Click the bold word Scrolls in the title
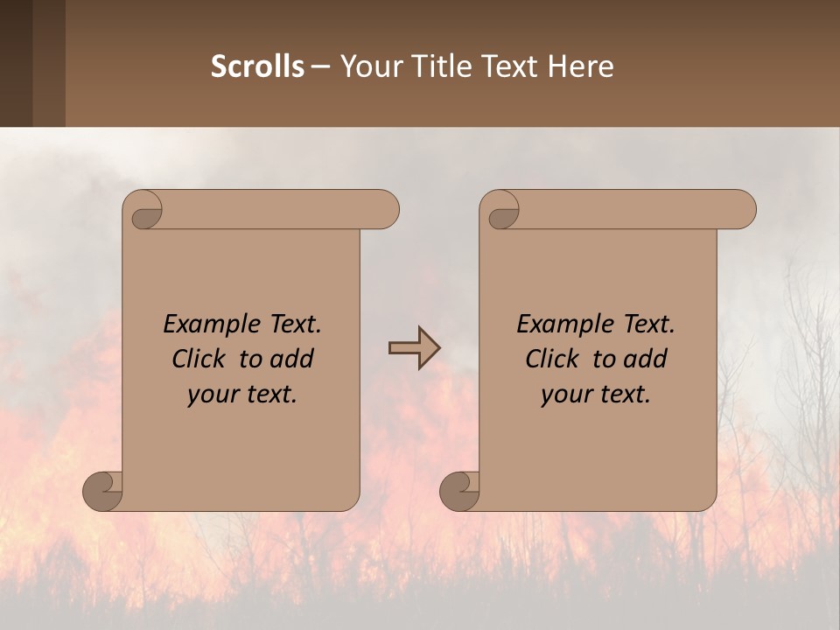(x=257, y=66)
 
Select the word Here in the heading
(x=580, y=66)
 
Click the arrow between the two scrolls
(x=415, y=348)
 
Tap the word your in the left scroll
(x=211, y=395)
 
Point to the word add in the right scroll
(x=646, y=360)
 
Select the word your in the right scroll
(x=564, y=395)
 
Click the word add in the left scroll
(x=292, y=360)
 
